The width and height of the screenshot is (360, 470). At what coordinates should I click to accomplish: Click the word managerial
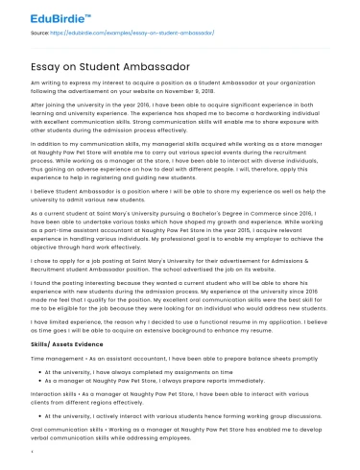pyautogui.click(x=111, y=166)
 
